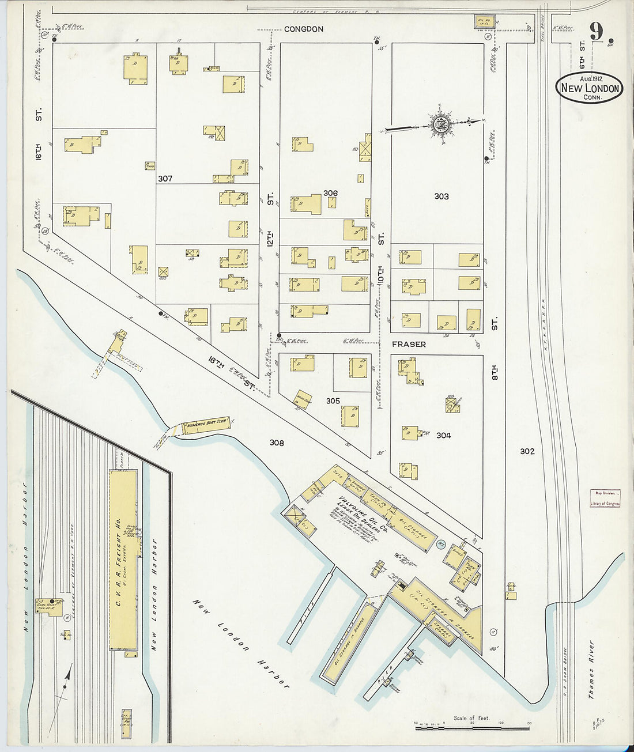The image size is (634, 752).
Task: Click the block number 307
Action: point(165,179)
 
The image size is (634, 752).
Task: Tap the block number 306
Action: point(330,193)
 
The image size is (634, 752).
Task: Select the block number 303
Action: point(441,196)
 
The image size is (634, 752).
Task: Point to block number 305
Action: point(333,401)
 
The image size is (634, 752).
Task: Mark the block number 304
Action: point(443,436)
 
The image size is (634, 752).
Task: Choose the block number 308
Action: point(277,443)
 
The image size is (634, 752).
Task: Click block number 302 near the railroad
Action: point(527,451)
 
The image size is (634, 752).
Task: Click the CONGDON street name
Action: point(304,29)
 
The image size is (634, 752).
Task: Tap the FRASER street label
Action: point(409,344)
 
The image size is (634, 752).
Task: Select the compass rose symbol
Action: point(439,123)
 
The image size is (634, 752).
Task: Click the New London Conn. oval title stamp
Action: point(589,88)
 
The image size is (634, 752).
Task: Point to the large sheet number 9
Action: point(596,31)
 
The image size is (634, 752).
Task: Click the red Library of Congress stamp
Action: point(605,498)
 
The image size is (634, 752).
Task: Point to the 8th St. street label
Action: point(494,349)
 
